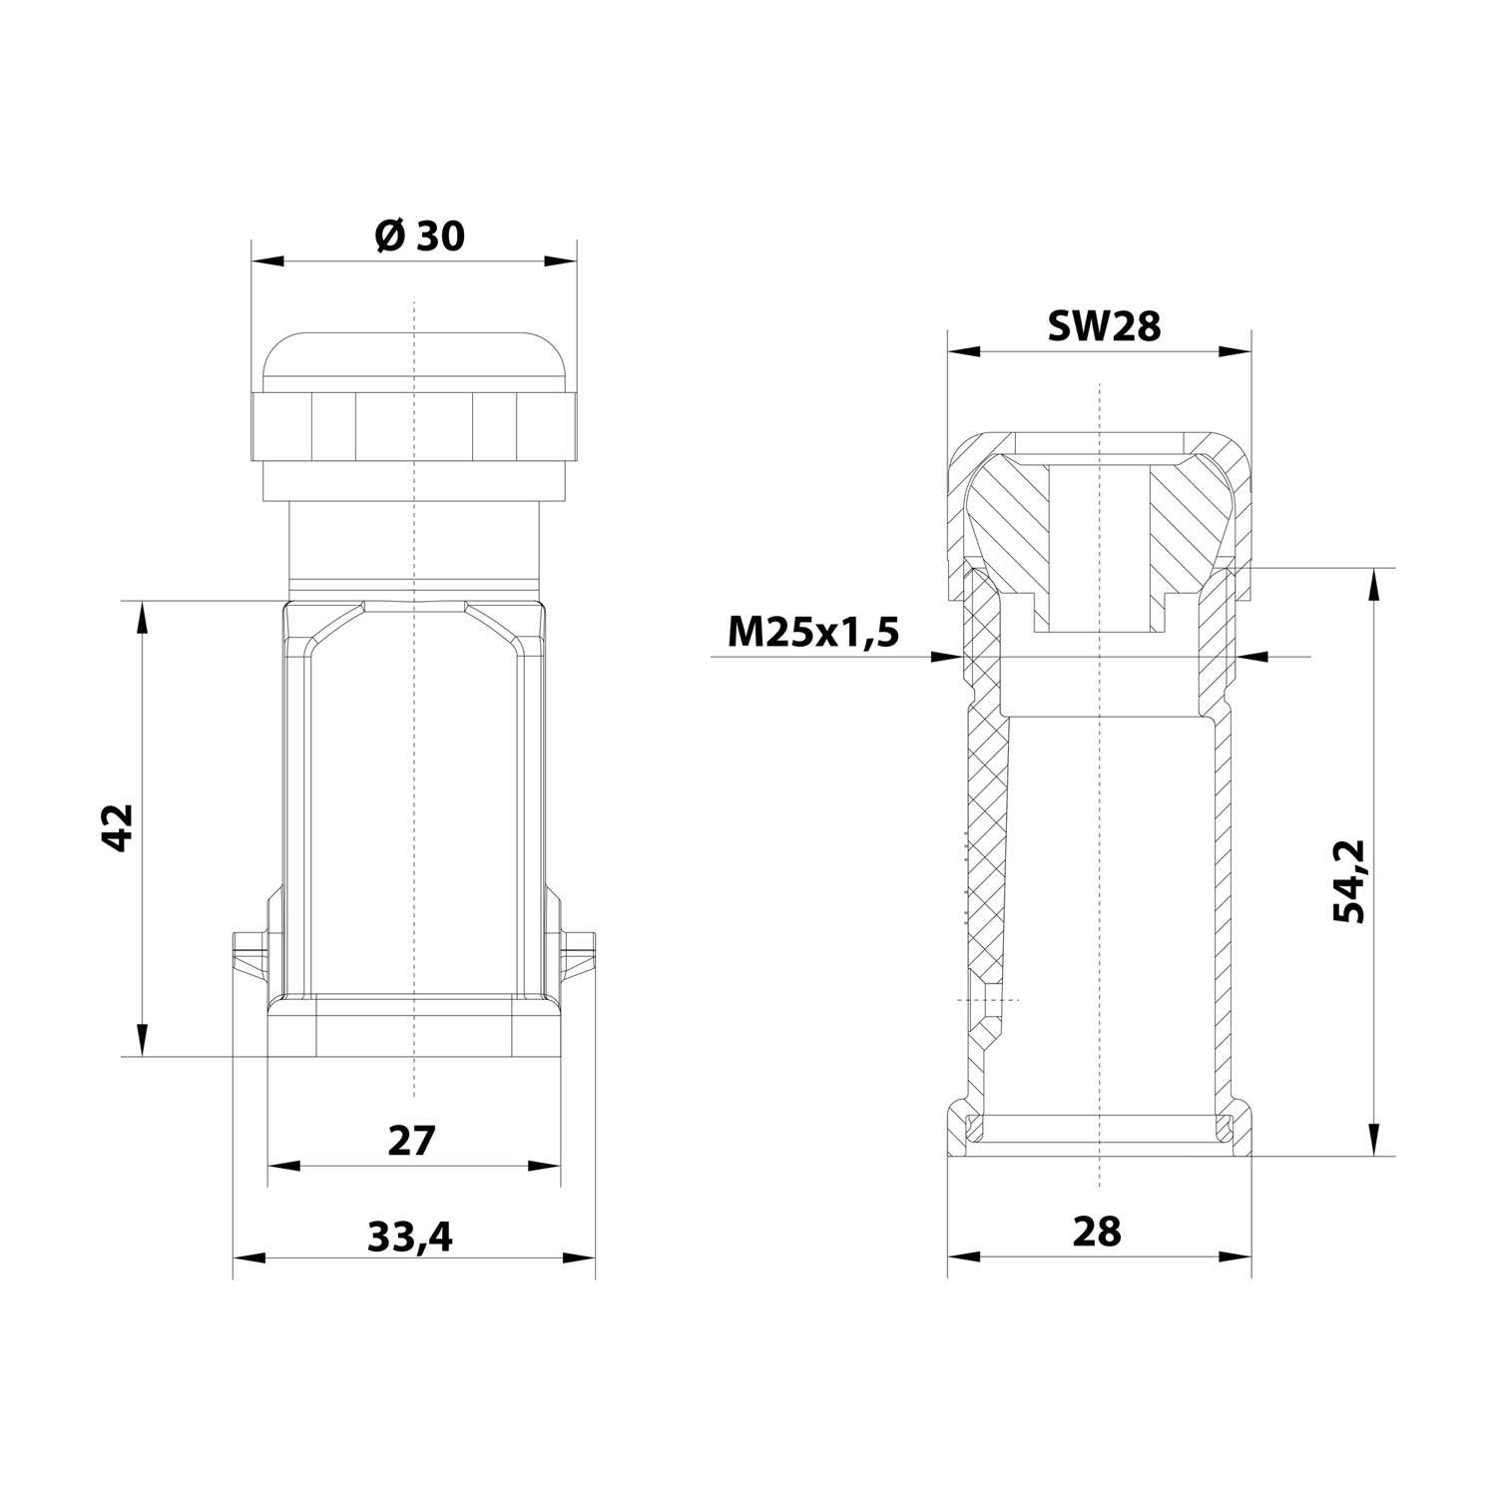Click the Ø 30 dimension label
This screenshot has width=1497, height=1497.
pyautogui.click(x=419, y=237)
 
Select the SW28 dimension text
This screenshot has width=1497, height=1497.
pyautogui.click(x=1104, y=325)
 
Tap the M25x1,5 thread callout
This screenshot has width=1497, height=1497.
pyautogui.click(x=813, y=632)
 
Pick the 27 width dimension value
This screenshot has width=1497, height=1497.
pyautogui.click(x=412, y=1140)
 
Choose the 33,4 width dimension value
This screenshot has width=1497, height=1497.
pyautogui.click(x=410, y=1238)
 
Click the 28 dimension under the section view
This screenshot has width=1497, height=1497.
pyautogui.click(x=1098, y=1232)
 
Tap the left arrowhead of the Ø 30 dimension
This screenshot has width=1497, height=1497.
pyautogui.click(x=266, y=262)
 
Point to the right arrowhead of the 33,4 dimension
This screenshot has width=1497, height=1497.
pyautogui.click(x=581, y=1258)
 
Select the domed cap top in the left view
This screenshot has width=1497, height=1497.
pyautogui.click(x=413, y=359)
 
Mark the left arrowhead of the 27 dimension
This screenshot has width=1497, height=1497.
pyautogui.click(x=283, y=1167)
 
